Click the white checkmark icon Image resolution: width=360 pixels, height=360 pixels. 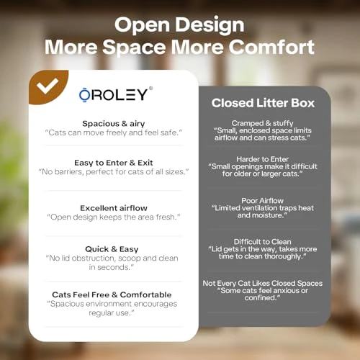pyautogui.click(x=48, y=87)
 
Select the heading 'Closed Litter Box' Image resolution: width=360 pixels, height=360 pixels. pyautogui.click(x=261, y=103)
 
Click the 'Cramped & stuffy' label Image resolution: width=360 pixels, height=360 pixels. pyautogui.click(x=262, y=123)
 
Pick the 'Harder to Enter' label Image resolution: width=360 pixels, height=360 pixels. pyautogui.click(x=262, y=158)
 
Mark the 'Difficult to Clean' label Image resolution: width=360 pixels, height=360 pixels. pyautogui.click(x=262, y=242)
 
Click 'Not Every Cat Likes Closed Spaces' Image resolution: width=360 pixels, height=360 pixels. pyautogui.click(x=262, y=283)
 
